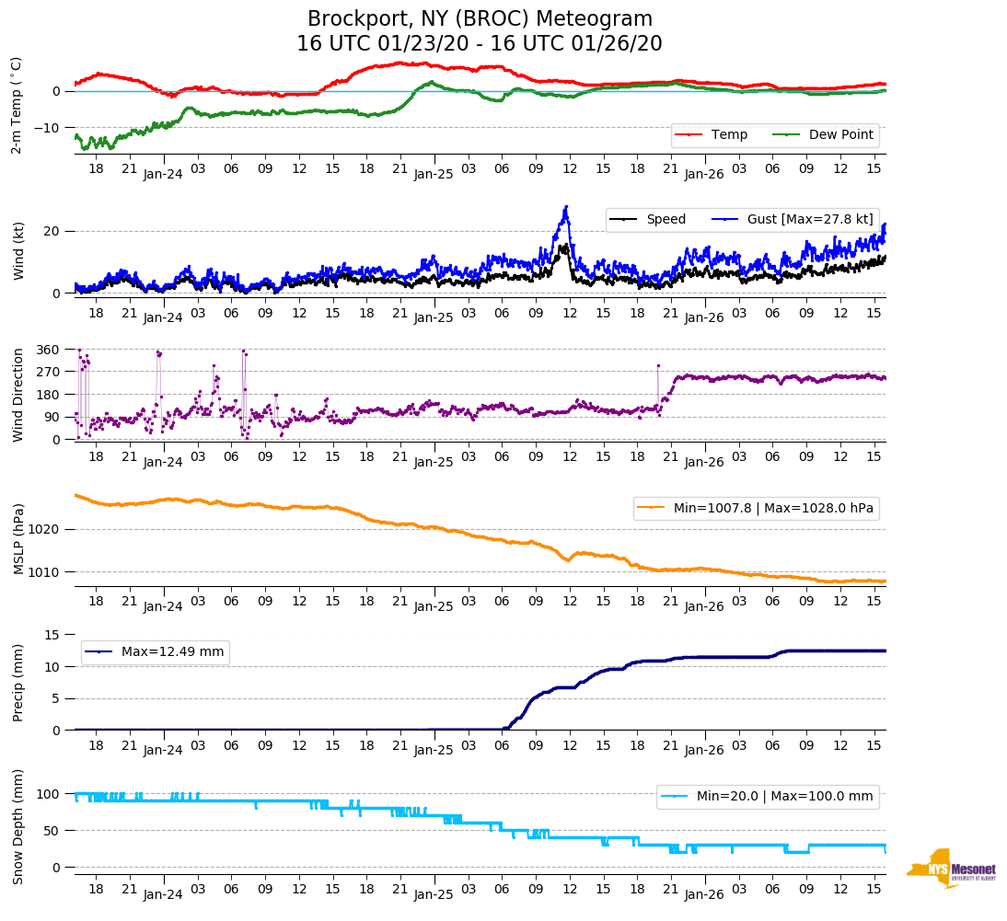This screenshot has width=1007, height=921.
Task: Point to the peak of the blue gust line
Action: [566, 207]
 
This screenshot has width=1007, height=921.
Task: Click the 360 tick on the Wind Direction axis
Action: [48, 350]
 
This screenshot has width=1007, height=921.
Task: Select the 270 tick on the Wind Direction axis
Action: [48, 372]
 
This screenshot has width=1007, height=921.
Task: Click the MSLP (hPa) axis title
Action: [19, 538]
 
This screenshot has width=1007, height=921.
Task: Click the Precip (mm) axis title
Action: [19, 682]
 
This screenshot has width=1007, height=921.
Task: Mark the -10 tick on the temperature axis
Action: [46, 128]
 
